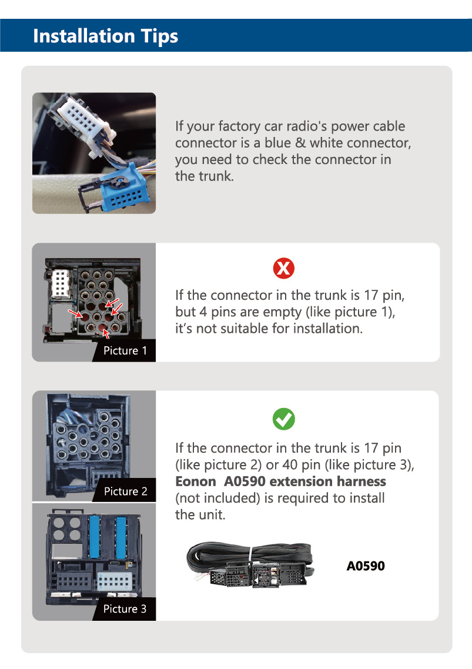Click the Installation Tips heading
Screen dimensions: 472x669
pyautogui.click(x=105, y=36)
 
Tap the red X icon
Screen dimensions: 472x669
pyautogui.click(x=284, y=269)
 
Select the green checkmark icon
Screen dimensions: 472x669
pyautogui.click(x=284, y=419)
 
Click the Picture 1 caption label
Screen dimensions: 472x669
pyautogui.click(x=125, y=351)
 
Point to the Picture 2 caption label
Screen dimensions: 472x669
pyautogui.click(x=125, y=491)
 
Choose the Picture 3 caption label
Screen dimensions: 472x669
pyautogui.click(x=125, y=609)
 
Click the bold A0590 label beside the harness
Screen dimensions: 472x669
pyautogui.click(x=366, y=566)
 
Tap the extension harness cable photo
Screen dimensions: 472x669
pyautogui.click(x=250, y=564)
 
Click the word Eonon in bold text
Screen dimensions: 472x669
pyautogui.click(x=196, y=481)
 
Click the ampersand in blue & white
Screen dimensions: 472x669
pyautogui.click(x=300, y=143)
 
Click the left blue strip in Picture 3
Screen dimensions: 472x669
pyautogui.click(x=94, y=537)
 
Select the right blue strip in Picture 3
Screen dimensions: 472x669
pyautogui.click(x=121, y=537)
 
